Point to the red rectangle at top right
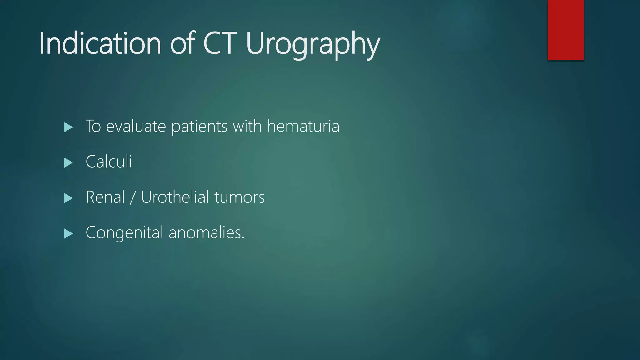[x=566, y=30]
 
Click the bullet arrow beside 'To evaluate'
[x=68, y=127]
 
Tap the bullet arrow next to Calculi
[x=68, y=162]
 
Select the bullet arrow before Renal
[x=68, y=198]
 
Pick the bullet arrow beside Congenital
[x=68, y=233]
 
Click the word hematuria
[x=303, y=126]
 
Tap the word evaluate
[x=136, y=127]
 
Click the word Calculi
[x=109, y=162]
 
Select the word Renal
[x=105, y=197]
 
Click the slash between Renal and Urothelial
[x=133, y=197]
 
